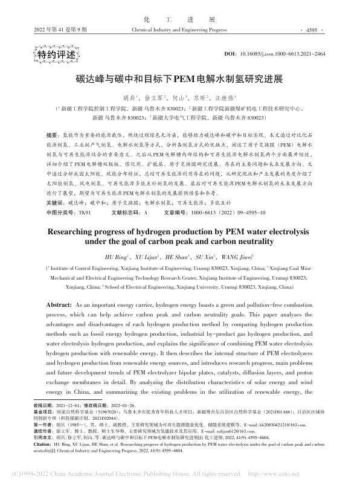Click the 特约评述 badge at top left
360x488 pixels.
click(x=55, y=55)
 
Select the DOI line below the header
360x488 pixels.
click(x=283, y=54)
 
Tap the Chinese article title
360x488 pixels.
click(x=180, y=77)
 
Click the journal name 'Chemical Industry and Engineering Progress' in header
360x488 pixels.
click(x=179, y=28)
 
